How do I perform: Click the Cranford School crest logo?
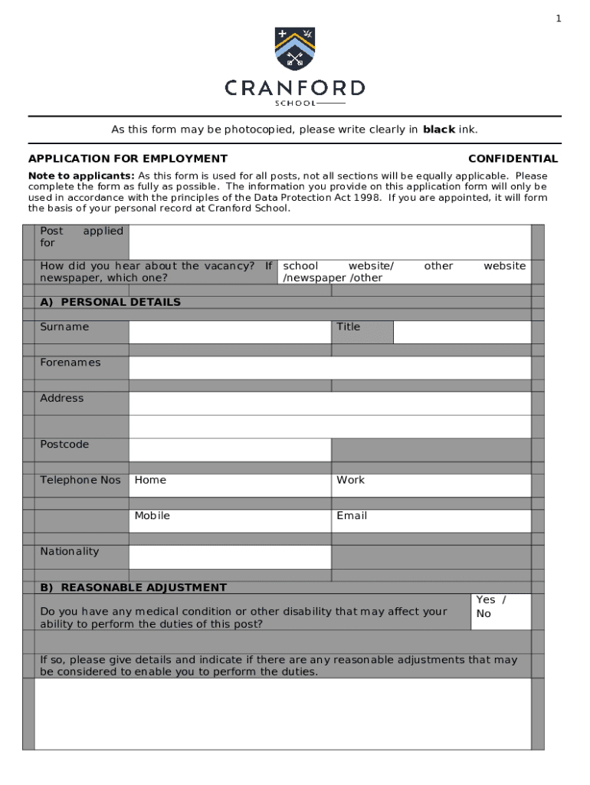pyautogui.click(x=295, y=48)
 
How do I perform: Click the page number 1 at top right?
pyautogui.click(x=559, y=18)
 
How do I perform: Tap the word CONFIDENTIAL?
pyautogui.click(x=513, y=159)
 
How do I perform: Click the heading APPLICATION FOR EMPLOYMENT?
pyautogui.click(x=128, y=159)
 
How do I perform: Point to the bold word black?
pyautogui.click(x=439, y=130)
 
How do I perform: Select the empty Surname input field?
pyautogui.click(x=229, y=332)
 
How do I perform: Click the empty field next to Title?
pyautogui.click(x=461, y=332)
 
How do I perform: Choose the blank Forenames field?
pyautogui.click(x=329, y=367)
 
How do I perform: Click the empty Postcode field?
pyautogui.click(x=229, y=449)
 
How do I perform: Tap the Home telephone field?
pyautogui.click(x=229, y=485)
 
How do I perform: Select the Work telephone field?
pyautogui.click(x=431, y=485)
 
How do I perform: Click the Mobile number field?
pyautogui.click(x=229, y=521)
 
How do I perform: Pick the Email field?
pyautogui.click(x=431, y=521)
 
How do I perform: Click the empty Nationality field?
pyautogui.click(x=229, y=557)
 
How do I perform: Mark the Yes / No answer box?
pyautogui.click(x=501, y=611)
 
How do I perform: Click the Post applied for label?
pyautogui.click(x=81, y=237)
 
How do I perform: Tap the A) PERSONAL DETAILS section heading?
pyautogui.click(x=110, y=302)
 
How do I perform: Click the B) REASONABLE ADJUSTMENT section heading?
pyautogui.click(x=133, y=588)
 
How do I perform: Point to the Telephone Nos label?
pyautogui.click(x=80, y=480)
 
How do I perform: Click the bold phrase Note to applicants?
pyautogui.click(x=81, y=176)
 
